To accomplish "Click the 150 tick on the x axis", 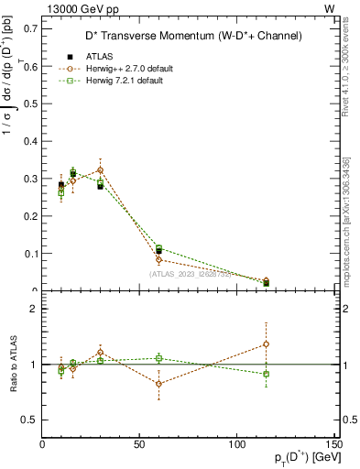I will tap(333, 444).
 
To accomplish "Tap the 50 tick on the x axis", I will tap(139, 444).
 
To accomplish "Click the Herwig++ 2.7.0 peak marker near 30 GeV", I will tap(100, 169).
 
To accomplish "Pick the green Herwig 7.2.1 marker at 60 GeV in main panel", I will tap(158, 247).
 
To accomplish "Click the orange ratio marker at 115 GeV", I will tap(266, 344).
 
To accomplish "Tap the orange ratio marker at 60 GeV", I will tap(158, 384).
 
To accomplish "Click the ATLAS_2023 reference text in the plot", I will tap(190, 273).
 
